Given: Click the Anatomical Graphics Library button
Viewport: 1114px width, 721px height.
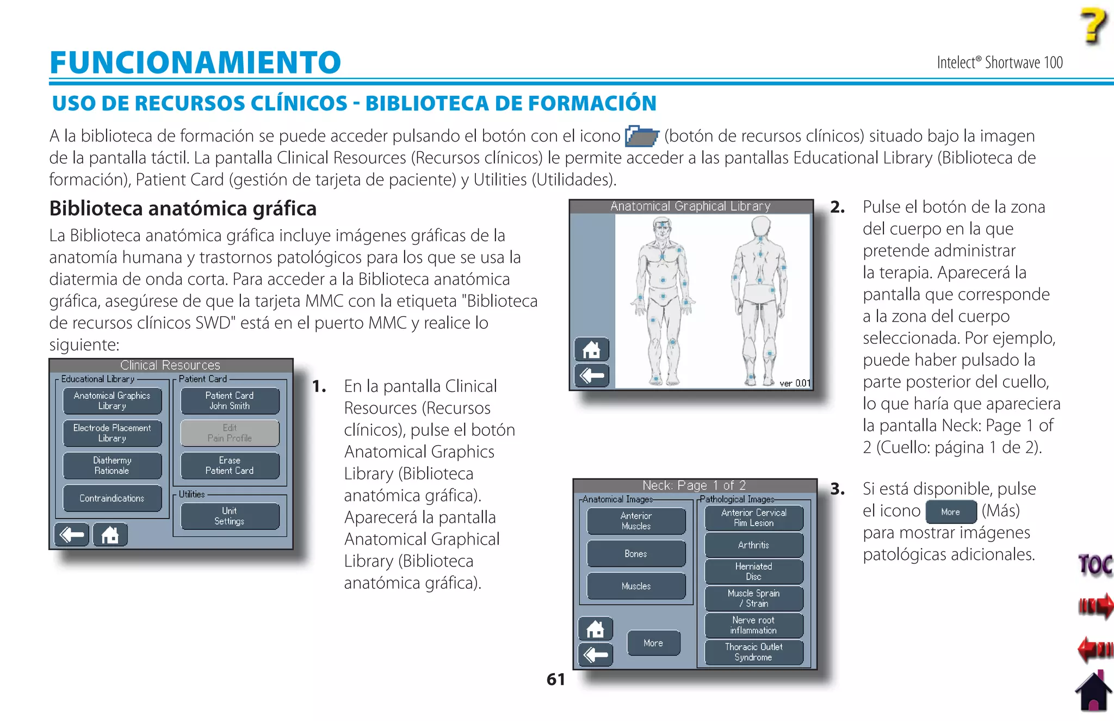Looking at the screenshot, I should tap(112, 400).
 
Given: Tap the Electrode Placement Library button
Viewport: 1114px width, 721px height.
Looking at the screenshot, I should tap(112, 433).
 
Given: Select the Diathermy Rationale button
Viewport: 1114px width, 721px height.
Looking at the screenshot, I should tap(112, 466).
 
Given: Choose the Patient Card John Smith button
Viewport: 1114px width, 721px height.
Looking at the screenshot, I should tap(230, 400).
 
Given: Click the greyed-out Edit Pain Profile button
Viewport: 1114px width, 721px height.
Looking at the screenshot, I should tap(230, 433).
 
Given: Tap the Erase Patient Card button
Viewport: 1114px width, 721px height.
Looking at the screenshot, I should tap(230, 466).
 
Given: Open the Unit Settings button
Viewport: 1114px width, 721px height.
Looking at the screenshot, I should tap(230, 516).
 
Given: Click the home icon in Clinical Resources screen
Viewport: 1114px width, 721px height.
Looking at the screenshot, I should tap(110, 535).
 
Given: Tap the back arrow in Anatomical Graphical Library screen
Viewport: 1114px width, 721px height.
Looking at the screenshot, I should tap(592, 375).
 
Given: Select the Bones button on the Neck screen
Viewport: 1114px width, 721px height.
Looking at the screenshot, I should tap(636, 554).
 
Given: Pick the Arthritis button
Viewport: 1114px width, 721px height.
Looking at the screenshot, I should tap(753, 545).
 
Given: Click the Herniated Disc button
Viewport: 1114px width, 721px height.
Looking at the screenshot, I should tap(753, 571).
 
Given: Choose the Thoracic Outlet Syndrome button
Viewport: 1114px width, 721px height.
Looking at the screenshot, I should tap(753, 652).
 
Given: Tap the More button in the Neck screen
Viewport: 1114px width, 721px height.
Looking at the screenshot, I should tap(653, 643).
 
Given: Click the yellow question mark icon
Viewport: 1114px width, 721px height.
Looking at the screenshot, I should tap(1093, 26).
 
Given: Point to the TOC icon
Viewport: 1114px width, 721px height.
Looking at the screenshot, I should tap(1095, 565).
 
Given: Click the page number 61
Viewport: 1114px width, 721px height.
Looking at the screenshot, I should tap(555, 679).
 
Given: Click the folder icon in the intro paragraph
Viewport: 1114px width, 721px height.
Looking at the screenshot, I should tap(642, 136).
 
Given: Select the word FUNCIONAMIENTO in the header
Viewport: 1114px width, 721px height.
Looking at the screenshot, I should tap(195, 62).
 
